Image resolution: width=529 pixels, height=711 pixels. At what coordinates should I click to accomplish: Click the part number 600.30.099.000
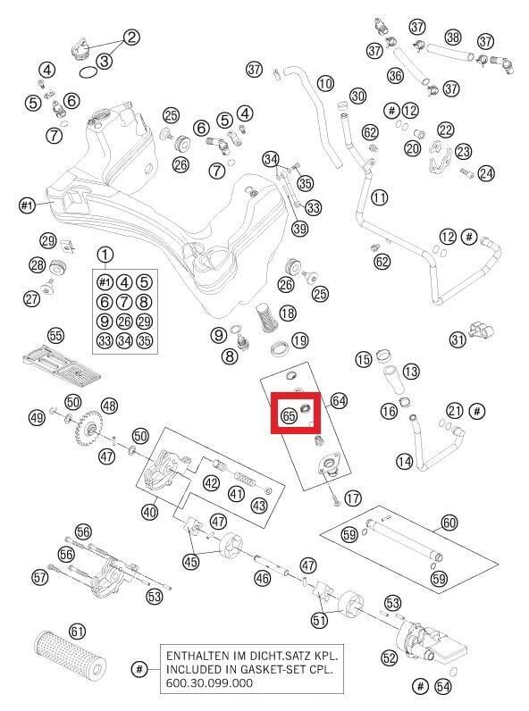209,682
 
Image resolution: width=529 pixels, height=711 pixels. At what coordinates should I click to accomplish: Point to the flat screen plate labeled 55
62,363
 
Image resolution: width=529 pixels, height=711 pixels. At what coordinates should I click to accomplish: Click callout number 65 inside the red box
289,415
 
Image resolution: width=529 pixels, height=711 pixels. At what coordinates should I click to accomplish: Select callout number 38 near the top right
453,38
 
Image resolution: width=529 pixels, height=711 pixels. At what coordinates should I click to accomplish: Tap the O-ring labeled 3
88,72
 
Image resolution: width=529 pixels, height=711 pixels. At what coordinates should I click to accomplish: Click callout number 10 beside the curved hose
325,83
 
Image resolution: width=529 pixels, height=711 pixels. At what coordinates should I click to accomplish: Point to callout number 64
339,401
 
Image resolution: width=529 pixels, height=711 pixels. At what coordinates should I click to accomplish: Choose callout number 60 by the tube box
449,523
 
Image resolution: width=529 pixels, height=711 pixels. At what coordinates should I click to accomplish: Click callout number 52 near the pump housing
390,657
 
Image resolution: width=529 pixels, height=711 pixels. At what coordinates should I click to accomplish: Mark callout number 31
458,339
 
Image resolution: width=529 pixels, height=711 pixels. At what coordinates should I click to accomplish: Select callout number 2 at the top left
131,38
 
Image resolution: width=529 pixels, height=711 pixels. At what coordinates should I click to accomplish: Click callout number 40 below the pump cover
150,512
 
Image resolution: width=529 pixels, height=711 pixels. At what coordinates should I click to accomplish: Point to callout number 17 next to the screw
352,498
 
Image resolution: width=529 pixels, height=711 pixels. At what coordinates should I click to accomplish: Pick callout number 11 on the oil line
379,197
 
